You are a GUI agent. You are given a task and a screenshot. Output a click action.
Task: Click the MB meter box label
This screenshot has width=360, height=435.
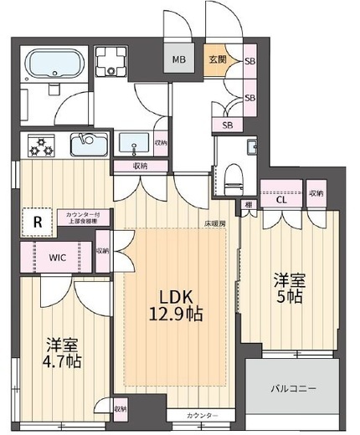(179, 59)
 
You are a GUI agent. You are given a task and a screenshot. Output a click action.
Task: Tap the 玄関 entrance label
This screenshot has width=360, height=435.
(217, 59)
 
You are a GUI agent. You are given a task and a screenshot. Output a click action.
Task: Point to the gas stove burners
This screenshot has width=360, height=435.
(39, 146)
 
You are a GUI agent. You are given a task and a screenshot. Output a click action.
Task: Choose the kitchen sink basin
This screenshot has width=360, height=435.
(88, 146)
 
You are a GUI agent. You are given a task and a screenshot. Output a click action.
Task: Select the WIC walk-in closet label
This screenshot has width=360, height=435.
(58, 258)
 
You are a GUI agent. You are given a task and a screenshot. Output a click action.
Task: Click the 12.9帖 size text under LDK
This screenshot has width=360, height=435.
(176, 315)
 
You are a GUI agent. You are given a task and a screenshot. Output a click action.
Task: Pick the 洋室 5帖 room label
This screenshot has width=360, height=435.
(291, 289)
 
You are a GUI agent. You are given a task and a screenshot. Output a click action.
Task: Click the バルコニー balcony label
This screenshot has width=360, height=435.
(292, 388)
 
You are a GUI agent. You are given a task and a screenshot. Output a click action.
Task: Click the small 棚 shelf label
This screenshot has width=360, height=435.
(249, 203)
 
